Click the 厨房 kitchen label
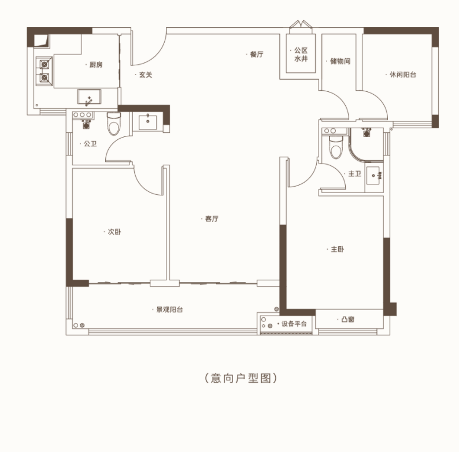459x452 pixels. tap(96, 65)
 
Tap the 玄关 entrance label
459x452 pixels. tap(146, 75)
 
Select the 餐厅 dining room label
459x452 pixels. tap(257, 54)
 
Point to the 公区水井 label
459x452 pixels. tap(301, 55)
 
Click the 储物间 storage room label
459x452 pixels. tap(340, 61)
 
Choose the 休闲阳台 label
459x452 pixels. tap(403, 75)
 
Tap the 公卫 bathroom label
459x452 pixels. tap(90, 144)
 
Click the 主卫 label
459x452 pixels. tap(355, 174)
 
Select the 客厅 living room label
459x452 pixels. tap(212, 218)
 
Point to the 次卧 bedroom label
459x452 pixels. tap(114, 232)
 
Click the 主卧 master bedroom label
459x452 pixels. tap(337, 249)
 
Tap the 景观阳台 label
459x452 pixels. tap(170, 310)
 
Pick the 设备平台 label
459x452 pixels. tap(294, 324)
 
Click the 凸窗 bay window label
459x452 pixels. tap(348, 320)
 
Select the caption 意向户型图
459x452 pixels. tap(240, 378)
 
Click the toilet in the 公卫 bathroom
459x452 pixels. tap(114, 124)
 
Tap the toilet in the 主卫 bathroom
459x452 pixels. tap(336, 147)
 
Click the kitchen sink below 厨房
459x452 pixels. tap(89, 97)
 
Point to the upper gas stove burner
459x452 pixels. tap(44, 64)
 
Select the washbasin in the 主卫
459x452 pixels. tap(373, 176)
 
